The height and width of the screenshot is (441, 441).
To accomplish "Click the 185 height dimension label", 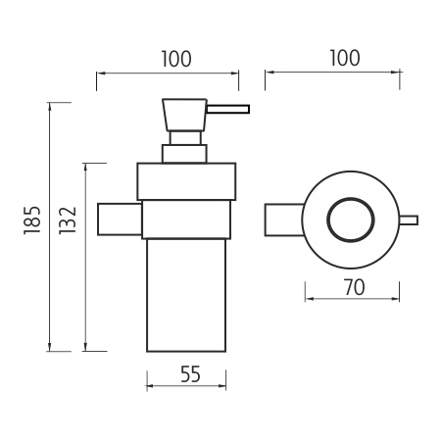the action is [32, 220].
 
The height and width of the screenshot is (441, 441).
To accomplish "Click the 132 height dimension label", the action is [68, 220].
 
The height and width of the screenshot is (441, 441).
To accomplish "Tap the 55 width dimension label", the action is [190, 374].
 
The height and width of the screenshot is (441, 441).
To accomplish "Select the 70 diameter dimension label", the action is [355, 288].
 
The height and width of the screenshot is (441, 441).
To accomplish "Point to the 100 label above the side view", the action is [176, 59].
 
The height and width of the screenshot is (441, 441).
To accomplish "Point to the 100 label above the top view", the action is [345, 58].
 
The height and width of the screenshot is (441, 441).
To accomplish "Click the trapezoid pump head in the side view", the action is [184, 115].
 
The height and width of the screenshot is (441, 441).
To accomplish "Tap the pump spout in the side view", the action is [228, 109].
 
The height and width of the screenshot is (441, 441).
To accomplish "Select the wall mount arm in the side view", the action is [120, 220].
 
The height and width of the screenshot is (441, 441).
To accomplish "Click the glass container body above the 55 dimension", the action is [186, 295].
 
